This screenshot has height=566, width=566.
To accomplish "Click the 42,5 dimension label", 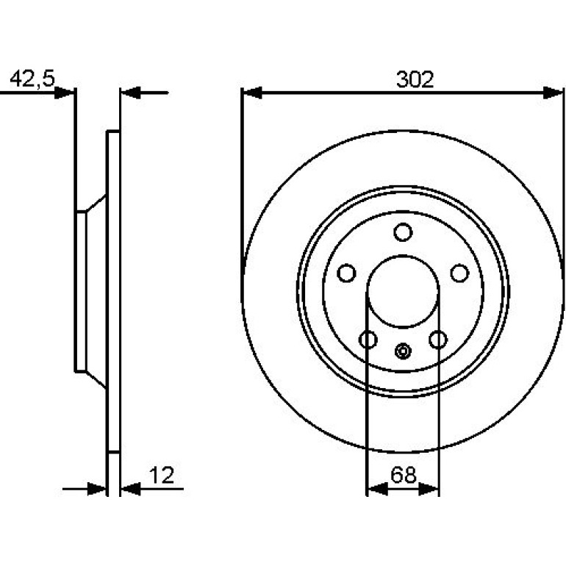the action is (32, 79).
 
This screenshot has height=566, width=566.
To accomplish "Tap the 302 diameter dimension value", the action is (415, 79).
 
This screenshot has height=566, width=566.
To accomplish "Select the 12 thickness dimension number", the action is (162, 475).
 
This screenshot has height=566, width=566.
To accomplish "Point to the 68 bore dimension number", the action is (404, 475).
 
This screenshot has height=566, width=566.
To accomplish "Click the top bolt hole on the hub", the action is (403, 232).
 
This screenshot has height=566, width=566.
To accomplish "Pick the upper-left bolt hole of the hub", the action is (346, 273).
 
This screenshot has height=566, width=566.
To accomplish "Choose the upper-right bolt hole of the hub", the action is (460, 273).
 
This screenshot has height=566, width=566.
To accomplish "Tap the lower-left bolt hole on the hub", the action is (368, 340).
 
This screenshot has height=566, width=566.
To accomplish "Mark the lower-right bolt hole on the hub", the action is (438, 340).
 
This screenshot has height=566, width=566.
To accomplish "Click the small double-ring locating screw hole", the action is (403, 351).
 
